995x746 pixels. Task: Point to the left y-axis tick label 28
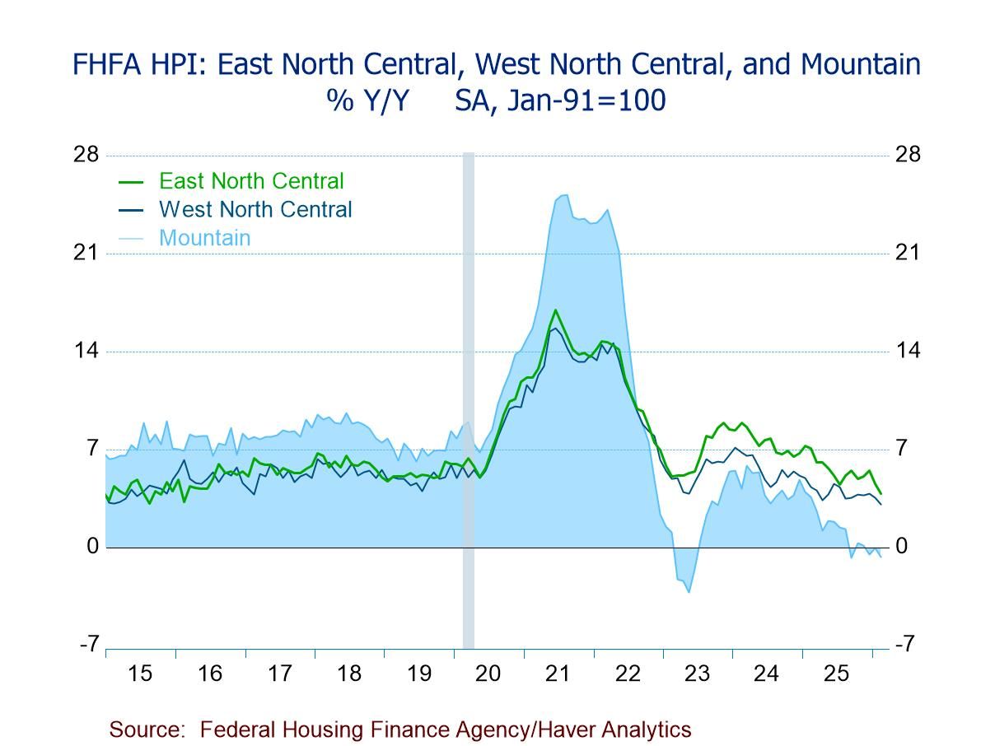(86, 155)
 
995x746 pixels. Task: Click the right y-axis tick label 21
(908, 253)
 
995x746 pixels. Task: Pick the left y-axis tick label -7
(89, 645)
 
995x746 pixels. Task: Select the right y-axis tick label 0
(902, 547)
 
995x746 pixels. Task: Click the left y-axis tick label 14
(86, 351)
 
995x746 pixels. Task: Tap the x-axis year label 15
(140, 674)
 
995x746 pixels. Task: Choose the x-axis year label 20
(488, 674)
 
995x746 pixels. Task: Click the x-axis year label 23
(697, 674)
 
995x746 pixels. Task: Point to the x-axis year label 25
(836, 674)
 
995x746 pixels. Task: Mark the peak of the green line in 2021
(556, 310)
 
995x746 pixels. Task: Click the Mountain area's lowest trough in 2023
(689, 592)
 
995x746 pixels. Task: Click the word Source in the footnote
(145, 730)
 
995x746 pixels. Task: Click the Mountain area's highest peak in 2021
(564, 195)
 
